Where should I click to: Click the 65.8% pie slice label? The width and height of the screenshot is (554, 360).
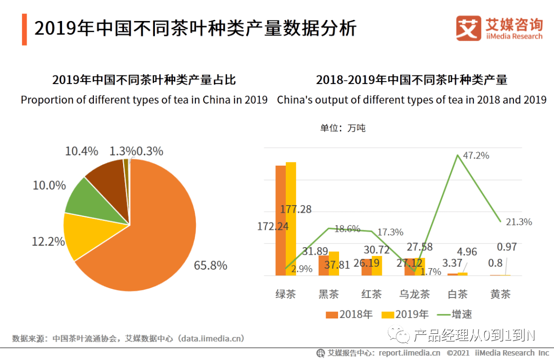210,266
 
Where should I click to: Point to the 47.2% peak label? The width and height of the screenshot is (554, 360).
476,155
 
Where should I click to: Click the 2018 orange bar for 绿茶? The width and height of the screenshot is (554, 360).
281,221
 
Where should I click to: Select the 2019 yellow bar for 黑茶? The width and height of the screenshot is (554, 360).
334,263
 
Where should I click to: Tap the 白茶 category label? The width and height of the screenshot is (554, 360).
458,294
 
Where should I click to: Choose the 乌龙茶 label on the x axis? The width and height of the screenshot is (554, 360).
415,294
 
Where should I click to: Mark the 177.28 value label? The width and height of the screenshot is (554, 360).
296,209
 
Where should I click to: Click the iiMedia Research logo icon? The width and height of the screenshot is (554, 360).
468,28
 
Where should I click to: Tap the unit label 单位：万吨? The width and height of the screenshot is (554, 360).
343,128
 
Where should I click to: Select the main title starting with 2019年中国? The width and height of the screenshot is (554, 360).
195,28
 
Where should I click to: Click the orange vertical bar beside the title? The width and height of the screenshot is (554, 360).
24,30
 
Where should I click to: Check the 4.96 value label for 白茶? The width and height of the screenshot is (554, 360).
466,252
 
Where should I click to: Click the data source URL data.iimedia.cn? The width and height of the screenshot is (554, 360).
211,338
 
